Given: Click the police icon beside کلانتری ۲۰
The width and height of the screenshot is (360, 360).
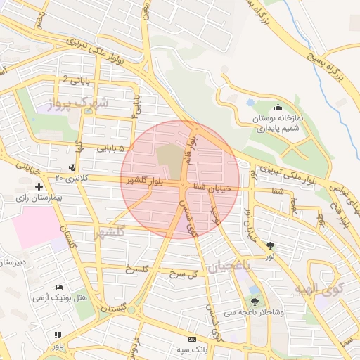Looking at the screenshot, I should coord(72,168).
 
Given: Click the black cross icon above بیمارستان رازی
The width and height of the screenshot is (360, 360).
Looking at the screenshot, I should coord(39,187).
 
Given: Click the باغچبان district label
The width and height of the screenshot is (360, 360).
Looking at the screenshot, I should coord(229,266).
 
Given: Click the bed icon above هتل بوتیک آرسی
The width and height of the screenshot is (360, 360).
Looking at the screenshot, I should coord(60,288).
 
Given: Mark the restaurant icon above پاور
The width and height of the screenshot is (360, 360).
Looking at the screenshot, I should coord(58,335).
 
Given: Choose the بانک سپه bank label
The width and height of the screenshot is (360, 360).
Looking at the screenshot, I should coord(191,349).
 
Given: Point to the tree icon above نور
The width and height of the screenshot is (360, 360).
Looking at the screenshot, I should coord(271,245).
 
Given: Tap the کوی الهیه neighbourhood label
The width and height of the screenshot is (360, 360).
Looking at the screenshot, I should coord(319,288).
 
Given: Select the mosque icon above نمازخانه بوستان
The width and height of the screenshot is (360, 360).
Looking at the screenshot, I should coord(278,108).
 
